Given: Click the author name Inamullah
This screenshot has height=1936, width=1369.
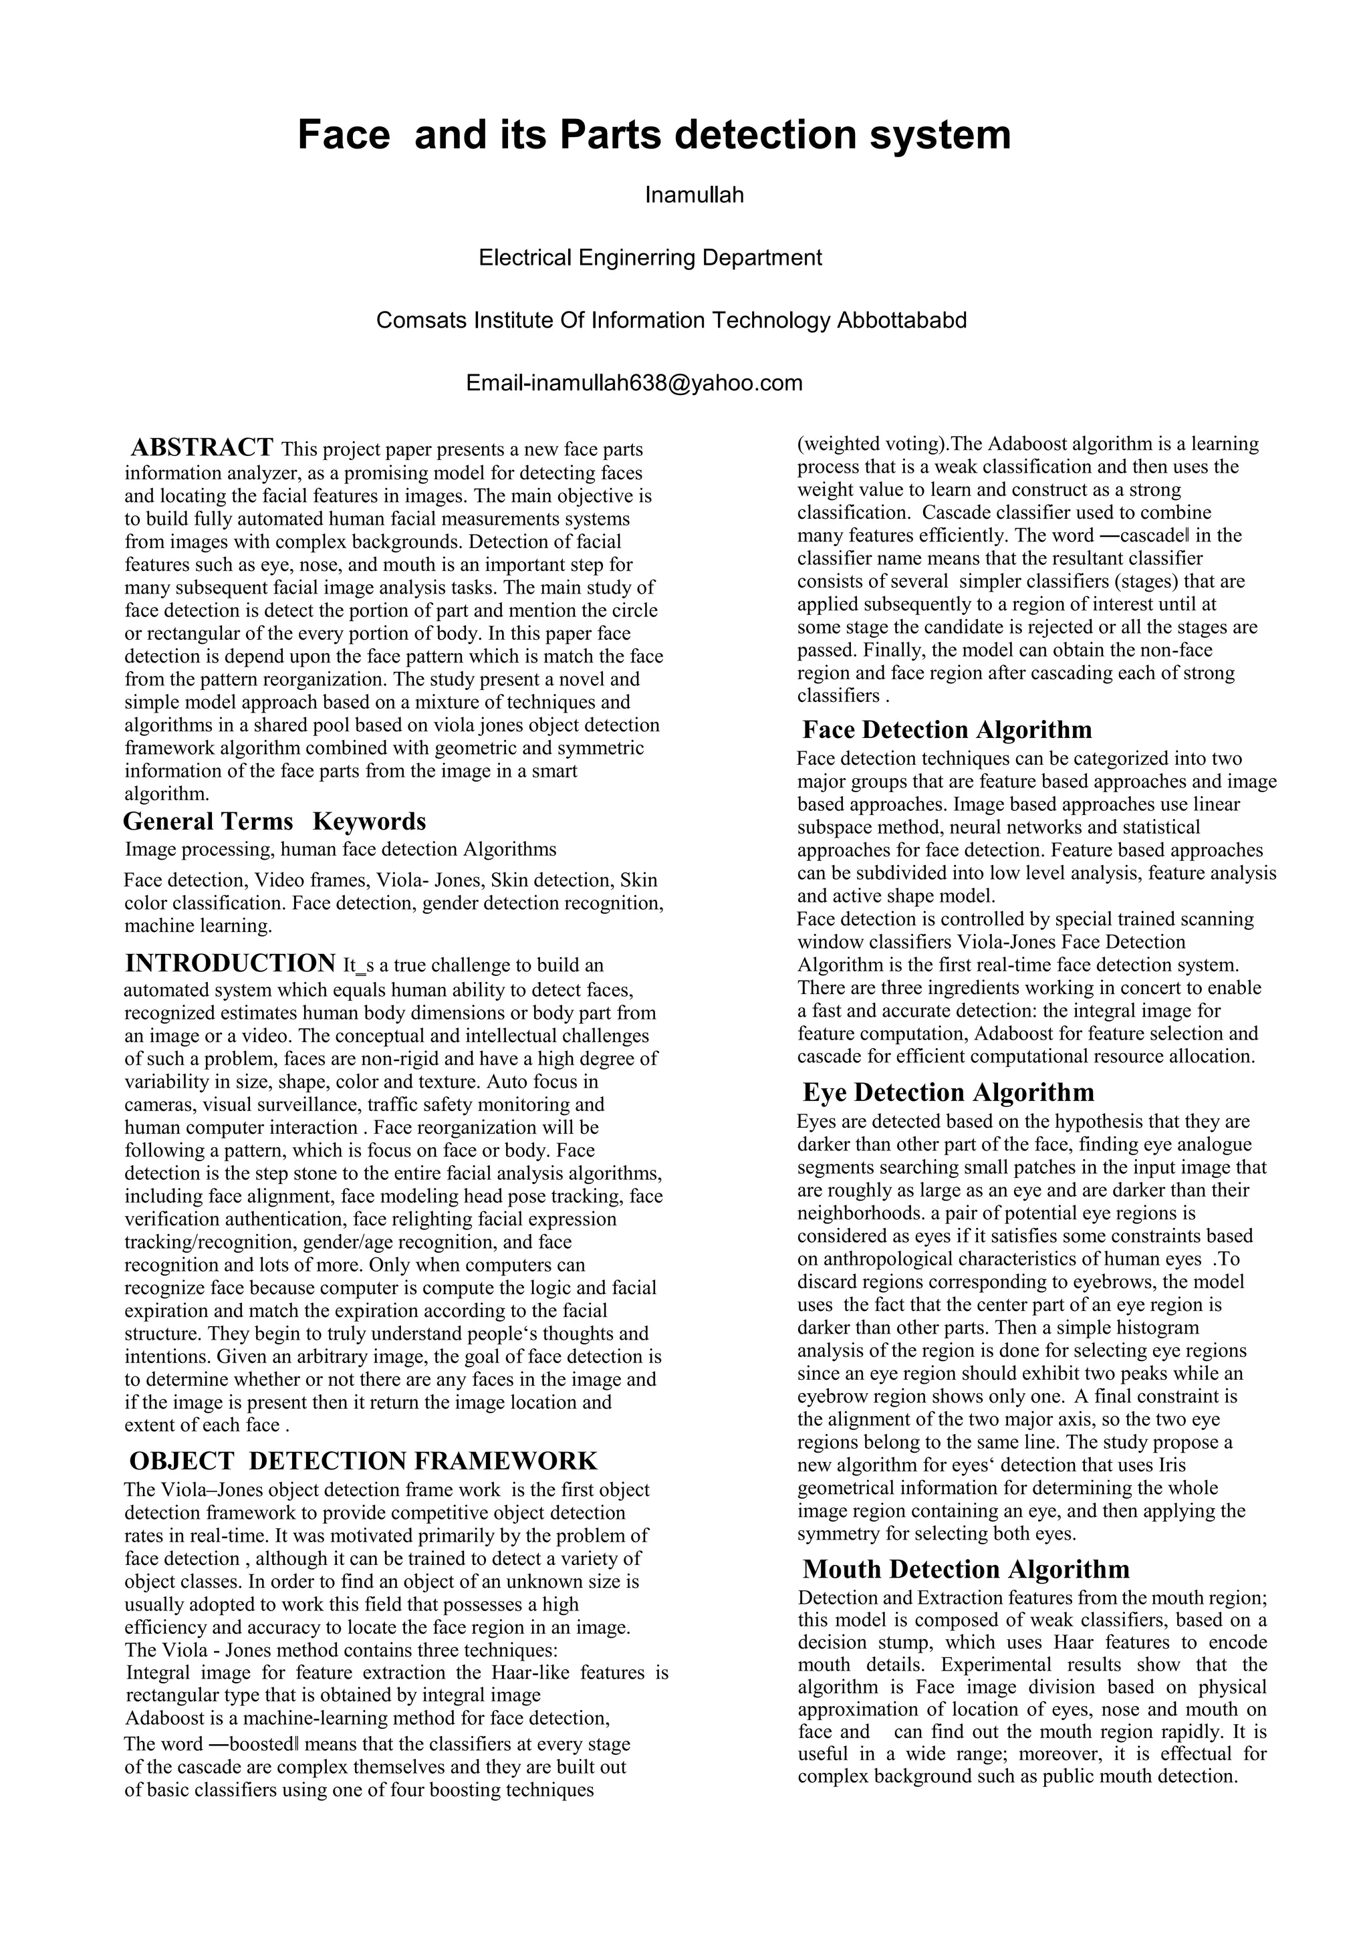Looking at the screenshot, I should [694, 196].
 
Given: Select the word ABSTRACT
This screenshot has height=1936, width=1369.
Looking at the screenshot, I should [203, 447].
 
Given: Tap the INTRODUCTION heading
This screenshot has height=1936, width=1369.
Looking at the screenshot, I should [230, 963].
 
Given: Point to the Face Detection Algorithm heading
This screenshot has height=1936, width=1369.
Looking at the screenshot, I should [947, 729].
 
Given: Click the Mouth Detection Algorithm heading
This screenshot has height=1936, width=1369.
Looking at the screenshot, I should [965, 1568].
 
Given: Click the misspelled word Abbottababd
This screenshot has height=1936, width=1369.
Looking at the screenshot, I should [901, 320].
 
